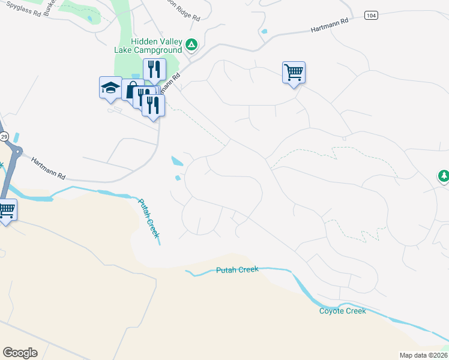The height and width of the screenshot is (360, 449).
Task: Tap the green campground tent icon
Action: (191, 44)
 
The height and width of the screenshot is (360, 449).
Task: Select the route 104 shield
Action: (370, 15)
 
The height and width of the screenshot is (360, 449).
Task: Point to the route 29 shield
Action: (3, 137)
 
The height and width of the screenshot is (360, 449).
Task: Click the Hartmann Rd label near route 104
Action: (330, 25)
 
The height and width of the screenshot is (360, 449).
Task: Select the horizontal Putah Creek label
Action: (237, 271)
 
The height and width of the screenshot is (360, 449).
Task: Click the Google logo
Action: (20, 352)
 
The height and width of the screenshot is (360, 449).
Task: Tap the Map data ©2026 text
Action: (423, 355)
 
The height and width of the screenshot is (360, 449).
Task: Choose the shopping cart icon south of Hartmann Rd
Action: (294, 73)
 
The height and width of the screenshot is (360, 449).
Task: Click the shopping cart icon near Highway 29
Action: (6, 210)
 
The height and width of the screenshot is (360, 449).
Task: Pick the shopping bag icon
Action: (130, 90)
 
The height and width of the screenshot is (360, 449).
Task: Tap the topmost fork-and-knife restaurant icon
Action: (154, 70)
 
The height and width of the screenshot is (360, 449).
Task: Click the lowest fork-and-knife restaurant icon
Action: (153, 106)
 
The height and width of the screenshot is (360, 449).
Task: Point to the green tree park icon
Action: (444, 176)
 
